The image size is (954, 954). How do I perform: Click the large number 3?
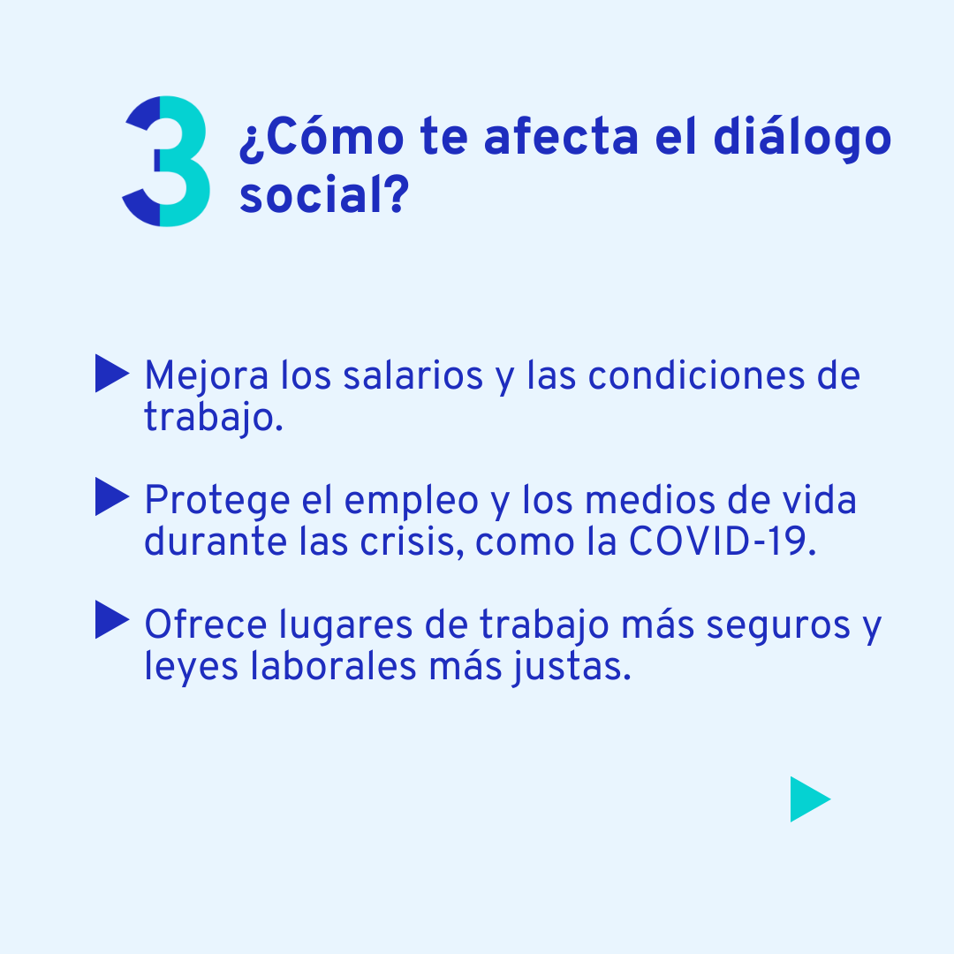pos(168,162)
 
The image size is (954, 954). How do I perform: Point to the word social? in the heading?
pos(322,197)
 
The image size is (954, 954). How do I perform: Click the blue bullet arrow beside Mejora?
pos(111,374)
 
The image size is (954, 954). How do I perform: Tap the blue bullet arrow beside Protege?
pos(111,497)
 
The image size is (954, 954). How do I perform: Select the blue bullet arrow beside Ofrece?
pos(111,620)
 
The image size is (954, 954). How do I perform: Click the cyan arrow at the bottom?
pos(809,799)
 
